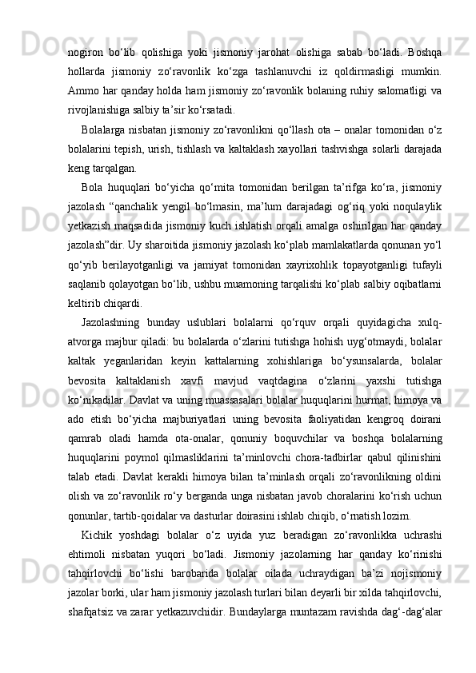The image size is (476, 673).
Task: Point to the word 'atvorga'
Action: [87, 344]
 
